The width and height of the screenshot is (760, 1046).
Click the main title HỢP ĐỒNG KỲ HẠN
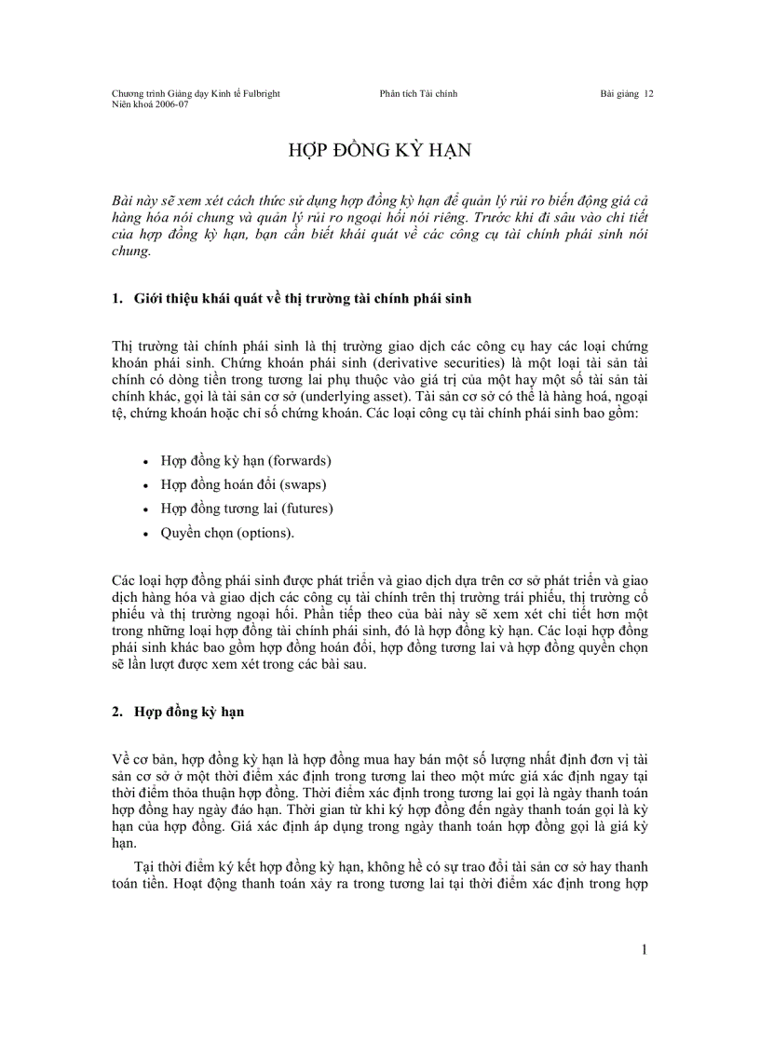click(379, 153)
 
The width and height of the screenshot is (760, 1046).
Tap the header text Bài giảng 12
click(627, 93)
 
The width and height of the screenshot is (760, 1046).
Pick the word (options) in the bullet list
click(265, 533)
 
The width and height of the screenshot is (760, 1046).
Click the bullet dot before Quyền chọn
click(146, 535)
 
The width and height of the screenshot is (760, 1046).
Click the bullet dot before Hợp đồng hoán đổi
click(146, 485)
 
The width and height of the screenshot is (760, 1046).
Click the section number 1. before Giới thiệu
click(116, 299)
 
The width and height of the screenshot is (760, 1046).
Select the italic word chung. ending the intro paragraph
click(130, 251)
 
